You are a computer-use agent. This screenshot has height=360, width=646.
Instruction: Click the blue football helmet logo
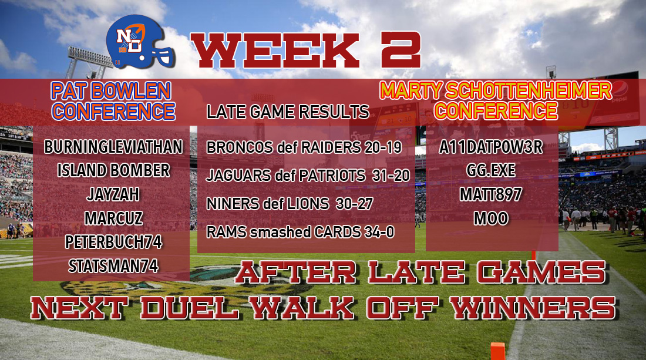click(x=140, y=42)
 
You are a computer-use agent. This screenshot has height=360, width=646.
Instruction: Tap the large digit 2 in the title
click(x=401, y=50)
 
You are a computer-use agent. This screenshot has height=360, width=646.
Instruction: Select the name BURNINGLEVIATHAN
click(x=113, y=147)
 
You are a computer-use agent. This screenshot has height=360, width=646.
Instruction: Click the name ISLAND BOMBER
click(x=113, y=170)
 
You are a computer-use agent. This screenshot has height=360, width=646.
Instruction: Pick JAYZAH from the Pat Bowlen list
click(x=113, y=194)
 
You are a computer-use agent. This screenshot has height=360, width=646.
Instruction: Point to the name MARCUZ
click(x=113, y=218)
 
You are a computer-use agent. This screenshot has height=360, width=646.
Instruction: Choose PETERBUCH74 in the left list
click(x=113, y=242)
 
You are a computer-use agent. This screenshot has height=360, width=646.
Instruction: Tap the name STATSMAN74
click(x=113, y=266)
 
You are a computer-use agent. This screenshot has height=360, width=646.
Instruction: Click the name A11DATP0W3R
click(x=491, y=147)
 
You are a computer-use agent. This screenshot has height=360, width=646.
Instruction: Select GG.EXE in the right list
click(x=491, y=170)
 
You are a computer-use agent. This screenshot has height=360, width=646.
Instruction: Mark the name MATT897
click(x=491, y=194)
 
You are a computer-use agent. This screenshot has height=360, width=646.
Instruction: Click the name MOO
click(x=491, y=218)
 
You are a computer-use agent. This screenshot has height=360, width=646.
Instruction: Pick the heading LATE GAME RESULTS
click(x=288, y=112)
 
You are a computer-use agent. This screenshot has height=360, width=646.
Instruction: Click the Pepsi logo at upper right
click(x=620, y=89)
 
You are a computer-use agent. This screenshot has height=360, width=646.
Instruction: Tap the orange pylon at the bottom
click(x=497, y=351)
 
